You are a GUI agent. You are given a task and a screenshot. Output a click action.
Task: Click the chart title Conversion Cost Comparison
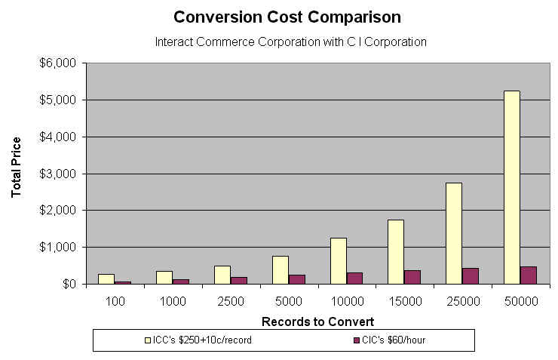(x=287, y=16)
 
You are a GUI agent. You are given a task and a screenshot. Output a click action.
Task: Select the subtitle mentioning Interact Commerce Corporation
(x=290, y=42)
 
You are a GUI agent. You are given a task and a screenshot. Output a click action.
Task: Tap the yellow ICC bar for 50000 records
(x=512, y=187)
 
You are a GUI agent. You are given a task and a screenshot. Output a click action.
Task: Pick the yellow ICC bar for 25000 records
(x=453, y=233)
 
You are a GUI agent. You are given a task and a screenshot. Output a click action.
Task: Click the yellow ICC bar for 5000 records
(x=280, y=269)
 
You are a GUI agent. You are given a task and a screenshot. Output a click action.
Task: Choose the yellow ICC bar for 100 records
(x=106, y=278)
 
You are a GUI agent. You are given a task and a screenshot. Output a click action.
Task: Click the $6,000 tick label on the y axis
(x=57, y=63)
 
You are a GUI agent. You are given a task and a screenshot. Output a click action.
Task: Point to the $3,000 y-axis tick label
(x=57, y=174)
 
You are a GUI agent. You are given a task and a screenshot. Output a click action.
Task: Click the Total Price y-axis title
(x=17, y=168)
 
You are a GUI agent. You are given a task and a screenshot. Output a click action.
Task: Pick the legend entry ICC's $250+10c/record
(x=198, y=340)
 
